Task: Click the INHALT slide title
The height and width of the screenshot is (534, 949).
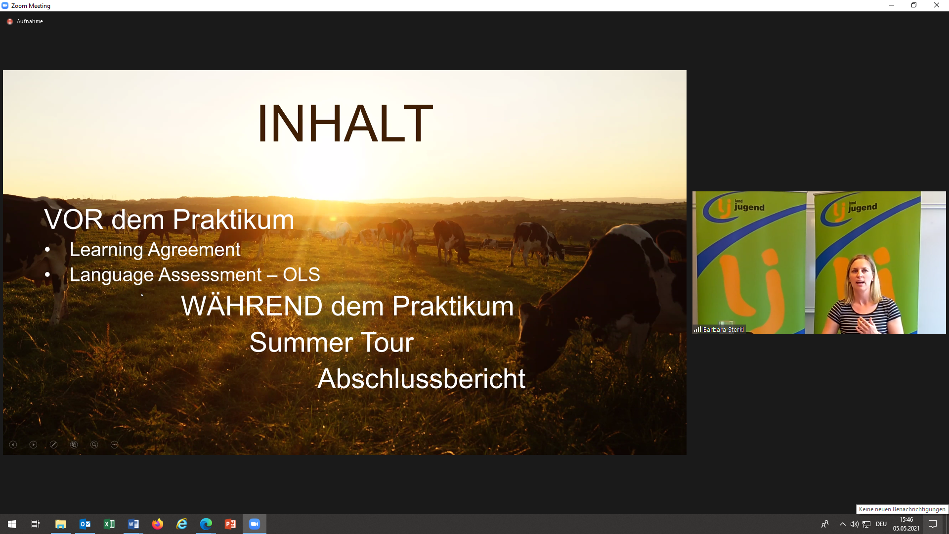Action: pyautogui.click(x=345, y=123)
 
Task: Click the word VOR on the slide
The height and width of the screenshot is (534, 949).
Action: pyautogui.click(x=74, y=220)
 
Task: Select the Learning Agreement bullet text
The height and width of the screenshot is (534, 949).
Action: pyautogui.click(x=155, y=250)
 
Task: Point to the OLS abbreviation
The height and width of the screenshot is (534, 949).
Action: pyautogui.click(x=302, y=274)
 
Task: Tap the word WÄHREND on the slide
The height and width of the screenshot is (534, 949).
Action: pyautogui.click(x=252, y=306)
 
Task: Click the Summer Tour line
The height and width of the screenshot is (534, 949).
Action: pyautogui.click(x=331, y=342)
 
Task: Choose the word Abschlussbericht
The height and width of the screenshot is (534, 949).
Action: pyautogui.click(x=421, y=379)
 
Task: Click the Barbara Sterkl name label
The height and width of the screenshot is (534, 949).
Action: pyautogui.click(x=723, y=330)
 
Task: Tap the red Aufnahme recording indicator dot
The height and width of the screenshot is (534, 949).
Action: pyautogui.click(x=10, y=22)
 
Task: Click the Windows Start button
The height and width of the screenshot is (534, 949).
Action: pyautogui.click(x=12, y=524)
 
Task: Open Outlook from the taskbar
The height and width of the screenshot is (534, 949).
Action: pyautogui.click(x=85, y=524)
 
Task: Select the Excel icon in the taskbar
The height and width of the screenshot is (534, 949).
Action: pyautogui.click(x=109, y=524)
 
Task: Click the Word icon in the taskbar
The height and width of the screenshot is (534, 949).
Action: pyautogui.click(x=133, y=524)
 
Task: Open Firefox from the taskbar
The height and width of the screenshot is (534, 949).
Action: pyautogui.click(x=158, y=524)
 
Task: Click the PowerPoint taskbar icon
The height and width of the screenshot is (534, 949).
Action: pyautogui.click(x=230, y=524)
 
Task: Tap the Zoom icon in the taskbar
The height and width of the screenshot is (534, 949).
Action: pyautogui.click(x=255, y=524)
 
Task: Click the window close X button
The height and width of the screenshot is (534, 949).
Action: pyautogui.click(x=937, y=5)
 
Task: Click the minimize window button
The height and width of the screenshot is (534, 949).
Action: pyautogui.click(x=892, y=5)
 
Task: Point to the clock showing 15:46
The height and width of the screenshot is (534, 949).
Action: pyautogui.click(x=906, y=520)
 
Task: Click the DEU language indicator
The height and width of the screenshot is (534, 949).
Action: pyautogui.click(x=881, y=524)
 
